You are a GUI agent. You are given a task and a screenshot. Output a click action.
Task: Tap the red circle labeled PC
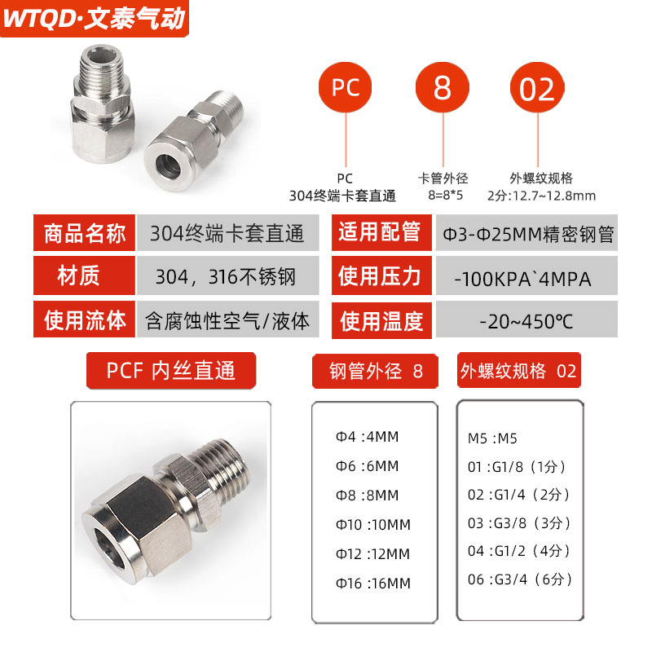coord(346,88)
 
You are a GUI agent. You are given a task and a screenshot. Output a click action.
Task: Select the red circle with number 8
coord(443,88)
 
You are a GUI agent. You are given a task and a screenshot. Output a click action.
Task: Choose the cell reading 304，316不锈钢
coord(227,277)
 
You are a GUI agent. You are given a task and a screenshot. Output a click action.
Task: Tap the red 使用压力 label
coord(380,276)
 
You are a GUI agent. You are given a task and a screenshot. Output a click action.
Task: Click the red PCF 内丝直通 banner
coord(171,372)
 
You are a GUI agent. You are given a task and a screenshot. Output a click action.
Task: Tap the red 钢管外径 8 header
coord(377,372)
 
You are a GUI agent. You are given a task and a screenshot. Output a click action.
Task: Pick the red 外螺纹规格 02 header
coord(518,371)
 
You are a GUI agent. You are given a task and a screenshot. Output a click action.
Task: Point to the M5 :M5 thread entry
coord(493,438)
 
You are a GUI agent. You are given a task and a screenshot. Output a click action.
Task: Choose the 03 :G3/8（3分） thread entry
coord(518,523)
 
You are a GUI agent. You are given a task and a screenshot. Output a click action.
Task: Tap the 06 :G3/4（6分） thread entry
coord(518,579)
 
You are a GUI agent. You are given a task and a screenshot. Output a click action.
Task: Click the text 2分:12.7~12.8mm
coord(541,196)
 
